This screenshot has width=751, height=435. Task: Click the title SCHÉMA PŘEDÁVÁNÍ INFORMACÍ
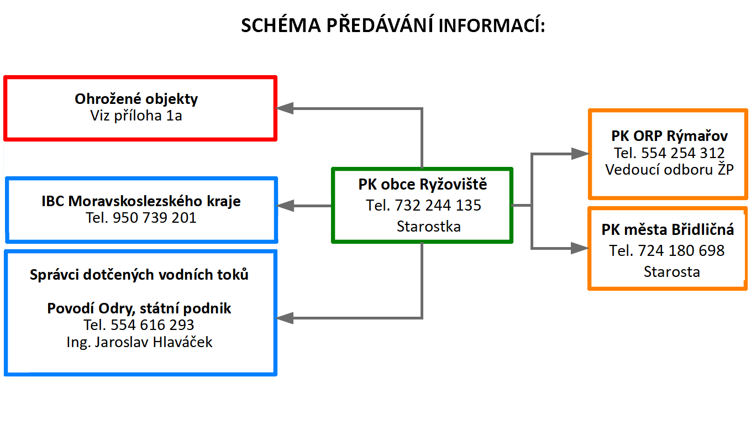coord(393,25)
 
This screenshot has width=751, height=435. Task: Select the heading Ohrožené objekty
coord(136,99)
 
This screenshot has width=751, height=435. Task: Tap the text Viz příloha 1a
coord(136,116)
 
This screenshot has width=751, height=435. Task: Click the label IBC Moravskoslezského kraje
coord(141,201)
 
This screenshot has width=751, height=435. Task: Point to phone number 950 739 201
coord(155,218)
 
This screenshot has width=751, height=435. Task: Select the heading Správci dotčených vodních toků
coord(139,274)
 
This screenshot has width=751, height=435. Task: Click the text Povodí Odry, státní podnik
coord(139,308)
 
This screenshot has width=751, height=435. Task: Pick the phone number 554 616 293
coord(153,324)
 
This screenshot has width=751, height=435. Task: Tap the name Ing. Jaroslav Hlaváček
coord(139,343)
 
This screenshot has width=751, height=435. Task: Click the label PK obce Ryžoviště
coord(422,185)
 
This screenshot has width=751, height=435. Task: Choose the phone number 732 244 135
coord(438,205)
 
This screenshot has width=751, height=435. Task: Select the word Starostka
coord(429,227)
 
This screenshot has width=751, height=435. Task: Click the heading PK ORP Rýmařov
coord(670,136)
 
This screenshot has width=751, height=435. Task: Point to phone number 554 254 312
coord(683,153)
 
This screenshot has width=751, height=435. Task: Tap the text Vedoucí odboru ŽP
coord(670,169)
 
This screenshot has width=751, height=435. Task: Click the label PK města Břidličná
coord(668,230)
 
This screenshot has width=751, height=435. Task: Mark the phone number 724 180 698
coord(681,250)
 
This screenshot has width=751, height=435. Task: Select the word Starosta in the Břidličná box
coord(672,271)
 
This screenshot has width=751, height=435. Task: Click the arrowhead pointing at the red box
coord(285,108)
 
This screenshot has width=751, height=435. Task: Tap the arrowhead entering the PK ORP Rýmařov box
coord(580,154)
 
